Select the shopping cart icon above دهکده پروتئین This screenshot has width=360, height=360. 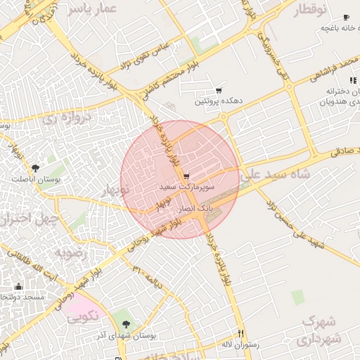(x=219, y=91)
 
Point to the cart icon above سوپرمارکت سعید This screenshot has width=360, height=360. (x=186, y=176)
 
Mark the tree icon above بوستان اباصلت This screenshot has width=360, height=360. (x=35, y=167)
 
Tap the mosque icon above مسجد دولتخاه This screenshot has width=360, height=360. (x=18, y=286)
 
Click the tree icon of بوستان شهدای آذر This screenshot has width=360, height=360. (x=126, y=324)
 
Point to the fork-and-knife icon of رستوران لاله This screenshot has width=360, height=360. (x=241, y=333)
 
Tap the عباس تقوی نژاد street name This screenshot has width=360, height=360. (x=162, y=55)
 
